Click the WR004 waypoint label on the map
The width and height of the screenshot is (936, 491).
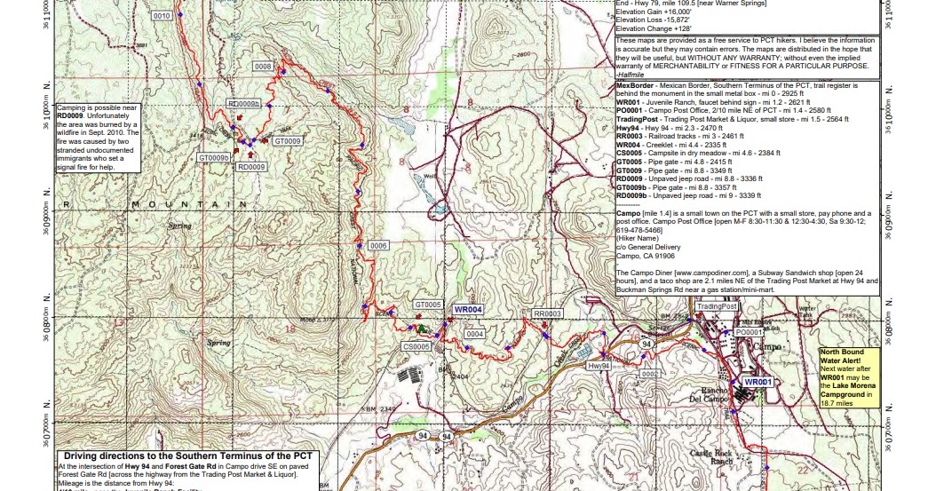(x=467, y=309)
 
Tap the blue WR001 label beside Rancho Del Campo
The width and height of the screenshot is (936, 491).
(x=758, y=382)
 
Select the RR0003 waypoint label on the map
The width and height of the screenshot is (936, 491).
(x=548, y=314)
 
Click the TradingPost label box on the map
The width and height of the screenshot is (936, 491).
(x=717, y=305)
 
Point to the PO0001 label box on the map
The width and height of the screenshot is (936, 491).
(x=750, y=331)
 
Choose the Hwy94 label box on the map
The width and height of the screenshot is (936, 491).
(x=599, y=366)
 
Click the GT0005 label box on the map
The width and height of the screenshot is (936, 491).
(x=428, y=305)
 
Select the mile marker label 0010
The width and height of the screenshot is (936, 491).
(x=162, y=17)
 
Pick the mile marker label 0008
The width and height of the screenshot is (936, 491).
(x=263, y=67)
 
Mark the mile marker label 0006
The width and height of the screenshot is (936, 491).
(x=378, y=245)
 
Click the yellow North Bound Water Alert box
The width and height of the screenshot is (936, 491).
(x=849, y=376)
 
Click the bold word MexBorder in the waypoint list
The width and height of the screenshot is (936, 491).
(x=636, y=87)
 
